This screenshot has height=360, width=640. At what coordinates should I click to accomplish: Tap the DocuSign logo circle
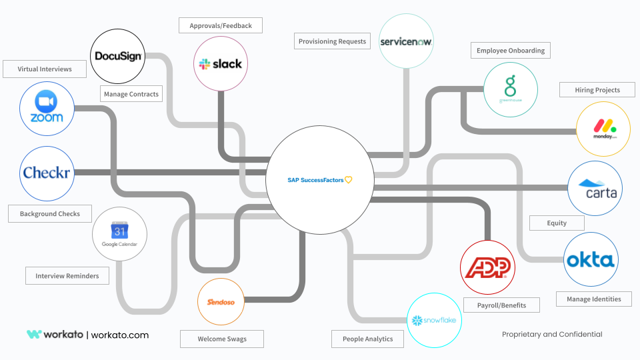[x=117, y=57]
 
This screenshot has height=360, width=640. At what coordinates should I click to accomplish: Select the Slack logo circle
[x=221, y=63]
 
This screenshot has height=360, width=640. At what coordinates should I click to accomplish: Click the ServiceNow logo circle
[x=406, y=41]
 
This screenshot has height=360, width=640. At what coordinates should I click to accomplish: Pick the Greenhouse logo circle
[x=510, y=89]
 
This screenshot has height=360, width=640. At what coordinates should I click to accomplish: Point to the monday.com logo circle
[x=603, y=129]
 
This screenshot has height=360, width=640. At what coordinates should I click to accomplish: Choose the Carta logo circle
[x=595, y=189]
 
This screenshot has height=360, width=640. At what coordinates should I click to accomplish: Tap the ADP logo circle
[x=488, y=267]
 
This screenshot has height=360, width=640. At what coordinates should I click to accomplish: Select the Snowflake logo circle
[x=434, y=320]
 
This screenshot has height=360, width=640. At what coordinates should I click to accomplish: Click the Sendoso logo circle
[x=221, y=302]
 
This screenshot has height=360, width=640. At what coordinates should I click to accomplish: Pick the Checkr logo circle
[x=47, y=173]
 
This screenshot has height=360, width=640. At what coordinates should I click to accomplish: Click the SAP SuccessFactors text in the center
[x=315, y=180]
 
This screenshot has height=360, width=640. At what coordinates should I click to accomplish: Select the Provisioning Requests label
[x=333, y=41]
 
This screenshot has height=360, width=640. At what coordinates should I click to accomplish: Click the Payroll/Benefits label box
[x=501, y=305]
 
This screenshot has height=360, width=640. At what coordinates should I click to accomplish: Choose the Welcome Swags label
[x=222, y=339]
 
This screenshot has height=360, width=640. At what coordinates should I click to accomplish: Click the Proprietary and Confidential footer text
[x=552, y=334]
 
